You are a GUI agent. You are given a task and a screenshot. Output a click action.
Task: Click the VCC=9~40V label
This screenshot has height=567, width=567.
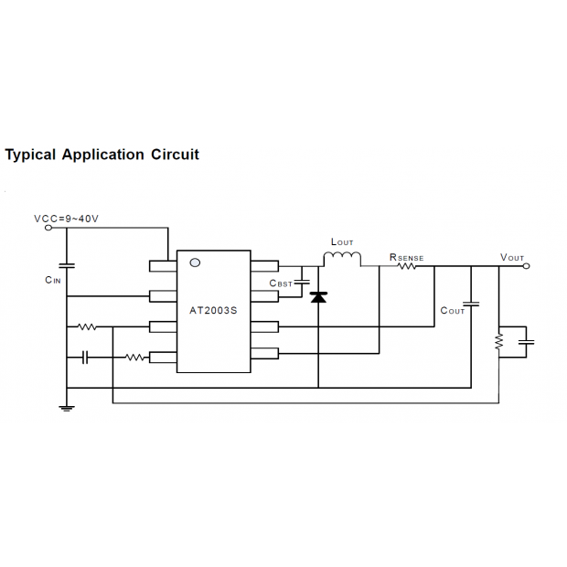pyautogui.click(x=66, y=219)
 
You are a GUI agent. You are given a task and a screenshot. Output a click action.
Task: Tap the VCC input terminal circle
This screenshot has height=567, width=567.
pyautogui.click(x=48, y=228)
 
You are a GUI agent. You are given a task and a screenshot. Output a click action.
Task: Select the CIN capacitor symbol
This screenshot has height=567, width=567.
pyautogui.click(x=67, y=266)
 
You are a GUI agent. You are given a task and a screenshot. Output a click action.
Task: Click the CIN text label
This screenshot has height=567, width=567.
pyautogui.click(x=53, y=280)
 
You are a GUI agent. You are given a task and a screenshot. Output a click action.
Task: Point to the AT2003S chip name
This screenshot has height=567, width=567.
pyautogui.click(x=213, y=311)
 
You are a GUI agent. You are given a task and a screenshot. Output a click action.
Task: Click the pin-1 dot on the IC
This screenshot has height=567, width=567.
pyautogui.click(x=195, y=262)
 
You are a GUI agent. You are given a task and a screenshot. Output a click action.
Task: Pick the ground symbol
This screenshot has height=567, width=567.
pyautogui.click(x=67, y=409)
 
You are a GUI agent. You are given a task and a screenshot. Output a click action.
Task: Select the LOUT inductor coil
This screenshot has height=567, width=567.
pyautogui.click(x=342, y=259)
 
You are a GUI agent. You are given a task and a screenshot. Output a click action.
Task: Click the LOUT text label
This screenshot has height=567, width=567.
pyautogui.click(x=342, y=242)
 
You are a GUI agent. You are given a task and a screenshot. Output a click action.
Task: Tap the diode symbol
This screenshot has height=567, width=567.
pyautogui.click(x=318, y=297)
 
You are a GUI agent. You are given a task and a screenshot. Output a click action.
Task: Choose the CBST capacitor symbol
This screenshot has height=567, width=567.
pyautogui.click(x=302, y=282)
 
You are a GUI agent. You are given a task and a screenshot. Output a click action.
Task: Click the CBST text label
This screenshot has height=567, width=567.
pyautogui.click(x=281, y=283)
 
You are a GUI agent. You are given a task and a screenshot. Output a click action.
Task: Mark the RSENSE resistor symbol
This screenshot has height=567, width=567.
pyautogui.click(x=407, y=266)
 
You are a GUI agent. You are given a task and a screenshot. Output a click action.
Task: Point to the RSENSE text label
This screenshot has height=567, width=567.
pyautogui.click(x=406, y=258)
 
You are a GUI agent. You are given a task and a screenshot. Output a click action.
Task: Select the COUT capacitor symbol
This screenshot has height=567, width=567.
pyautogui.click(x=471, y=304)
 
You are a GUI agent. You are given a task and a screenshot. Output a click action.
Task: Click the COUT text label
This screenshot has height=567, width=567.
pyautogui.click(x=452, y=311)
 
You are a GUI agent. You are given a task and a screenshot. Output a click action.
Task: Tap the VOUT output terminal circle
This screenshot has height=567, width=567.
pyautogui.click(x=527, y=266)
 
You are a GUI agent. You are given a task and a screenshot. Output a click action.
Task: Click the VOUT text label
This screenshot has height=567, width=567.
pyautogui.click(x=512, y=258)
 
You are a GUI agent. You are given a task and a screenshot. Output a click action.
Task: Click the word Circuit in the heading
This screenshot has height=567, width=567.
pyautogui.click(x=175, y=155)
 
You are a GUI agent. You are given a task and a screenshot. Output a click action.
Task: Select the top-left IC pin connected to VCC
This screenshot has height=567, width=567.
pyautogui.click(x=163, y=266)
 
